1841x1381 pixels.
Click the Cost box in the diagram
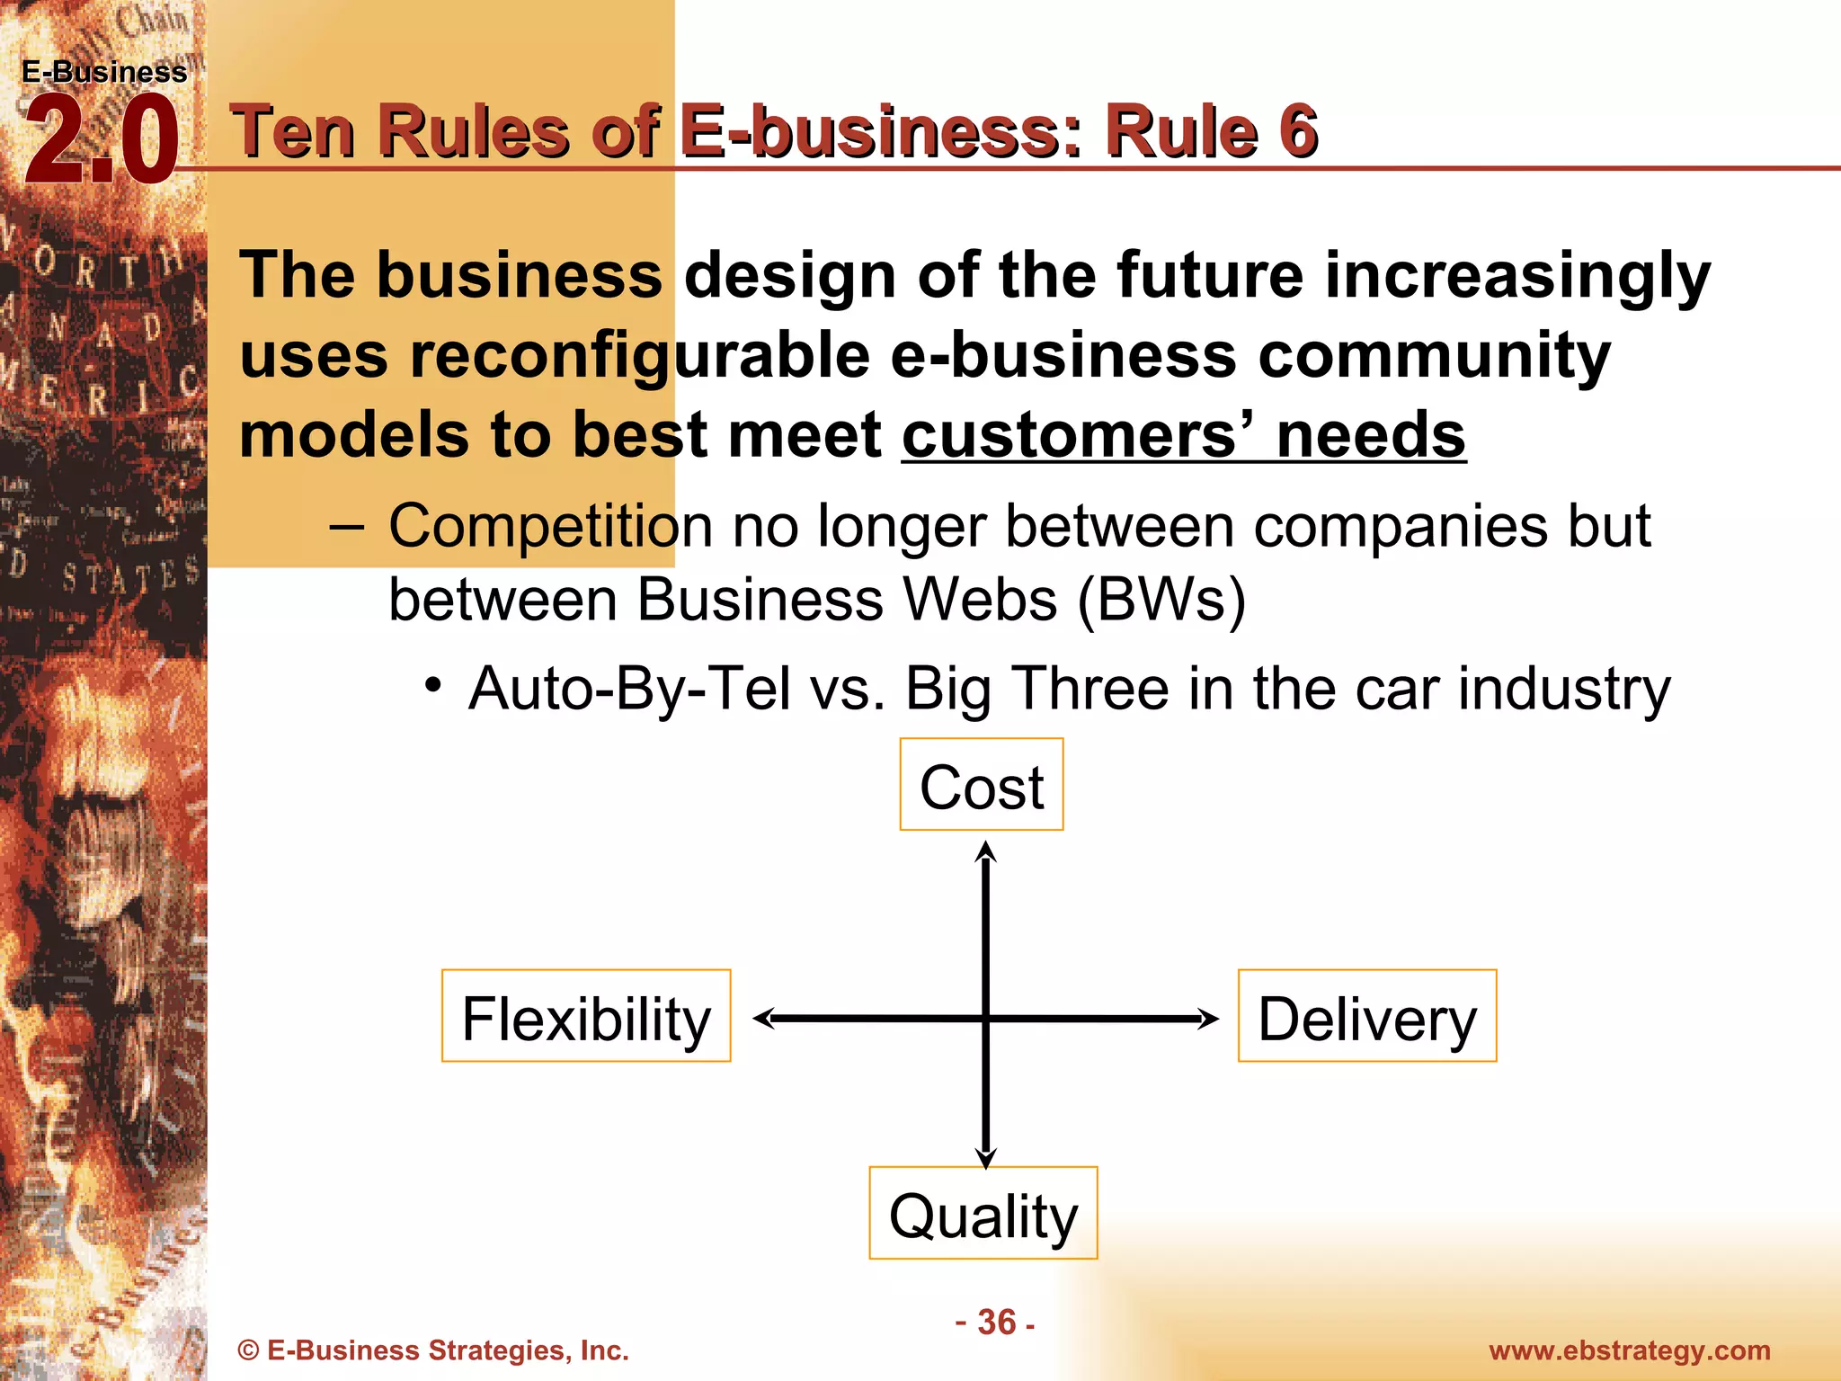coord(981,785)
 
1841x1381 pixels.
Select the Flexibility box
coord(586,1016)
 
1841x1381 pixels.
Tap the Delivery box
coord(1366,1016)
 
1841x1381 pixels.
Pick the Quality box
coord(983,1213)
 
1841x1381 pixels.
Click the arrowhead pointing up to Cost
coord(986,852)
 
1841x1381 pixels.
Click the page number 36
coord(996,1322)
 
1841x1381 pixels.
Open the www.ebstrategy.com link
coord(1629,1350)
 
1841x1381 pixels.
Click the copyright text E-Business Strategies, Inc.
coord(433,1350)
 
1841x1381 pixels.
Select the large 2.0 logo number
coord(101,142)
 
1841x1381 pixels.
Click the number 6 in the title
coord(1298,131)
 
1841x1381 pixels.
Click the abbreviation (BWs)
coord(1161,600)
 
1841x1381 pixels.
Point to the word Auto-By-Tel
coord(629,690)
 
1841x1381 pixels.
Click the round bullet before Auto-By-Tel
coord(433,686)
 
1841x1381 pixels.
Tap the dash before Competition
coord(347,527)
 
